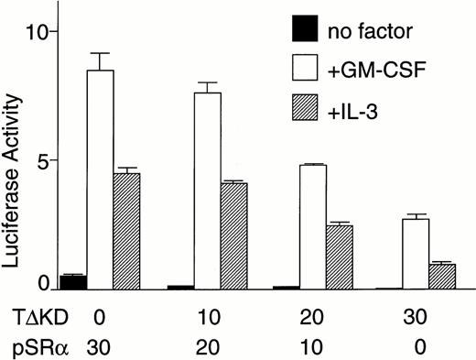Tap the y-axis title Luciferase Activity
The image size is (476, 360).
(x=13, y=161)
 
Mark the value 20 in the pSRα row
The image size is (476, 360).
(x=208, y=346)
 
